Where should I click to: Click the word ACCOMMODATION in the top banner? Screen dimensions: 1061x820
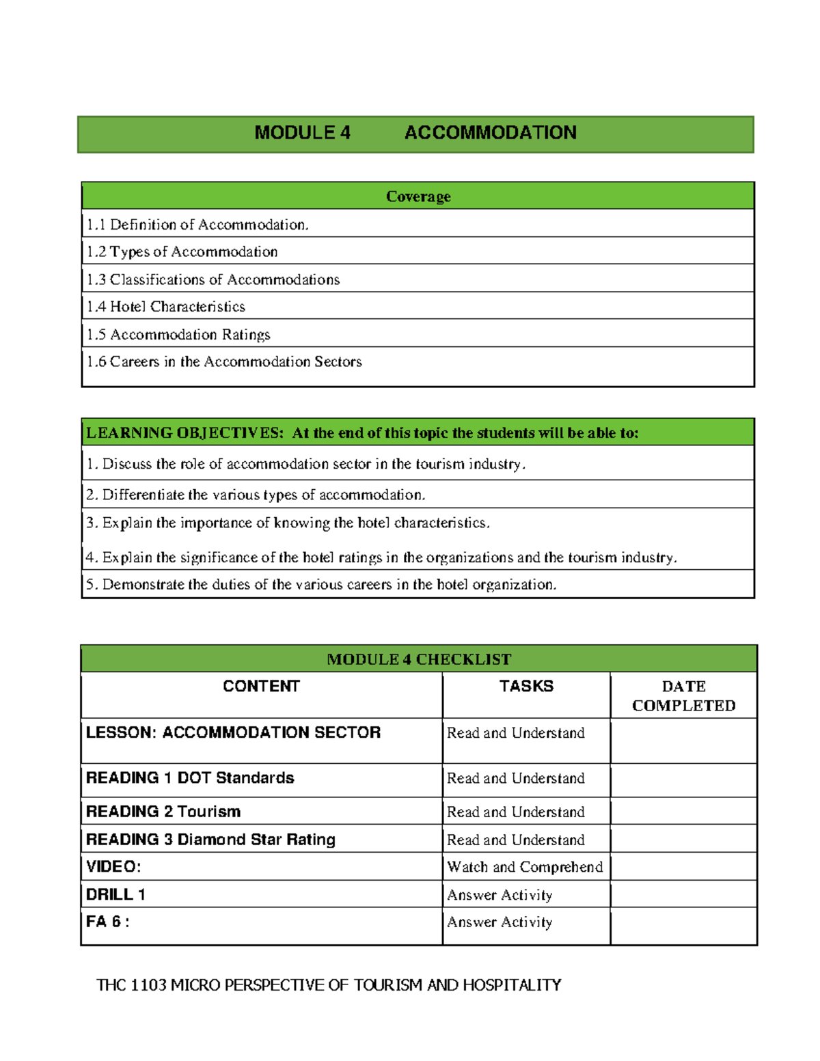tap(490, 133)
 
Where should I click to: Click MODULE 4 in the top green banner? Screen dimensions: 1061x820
tap(302, 133)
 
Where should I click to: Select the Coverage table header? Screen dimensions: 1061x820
tap(418, 197)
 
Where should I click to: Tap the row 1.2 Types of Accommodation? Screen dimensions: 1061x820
tap(182, 252)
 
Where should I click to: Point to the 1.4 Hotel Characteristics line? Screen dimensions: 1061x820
tap(166, 307)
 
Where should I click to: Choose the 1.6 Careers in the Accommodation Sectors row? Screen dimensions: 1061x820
tap(224, 361)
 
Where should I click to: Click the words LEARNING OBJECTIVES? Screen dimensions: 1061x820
tap(184, 433)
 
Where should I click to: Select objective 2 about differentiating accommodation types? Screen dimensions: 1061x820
tap(256, 495)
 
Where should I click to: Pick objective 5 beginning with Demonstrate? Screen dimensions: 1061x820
tap(321, 585)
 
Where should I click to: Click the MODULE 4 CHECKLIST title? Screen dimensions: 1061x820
tap(418, 659)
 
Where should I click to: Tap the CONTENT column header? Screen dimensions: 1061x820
tap(261, 687)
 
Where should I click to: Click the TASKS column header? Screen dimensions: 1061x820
tap(525, 687)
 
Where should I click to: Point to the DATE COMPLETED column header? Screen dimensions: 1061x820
tap(683, 696)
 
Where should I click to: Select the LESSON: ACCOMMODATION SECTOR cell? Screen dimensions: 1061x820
tap(233, 733)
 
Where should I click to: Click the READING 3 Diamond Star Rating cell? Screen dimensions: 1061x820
tap(210, 840)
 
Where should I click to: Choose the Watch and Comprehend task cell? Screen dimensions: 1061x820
tap(525, 867)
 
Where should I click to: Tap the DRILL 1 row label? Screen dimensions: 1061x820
tap(115, 895)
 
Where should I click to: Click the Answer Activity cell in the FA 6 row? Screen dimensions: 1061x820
tap(500, 922)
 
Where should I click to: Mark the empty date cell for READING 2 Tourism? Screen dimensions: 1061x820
tap(683, 812)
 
